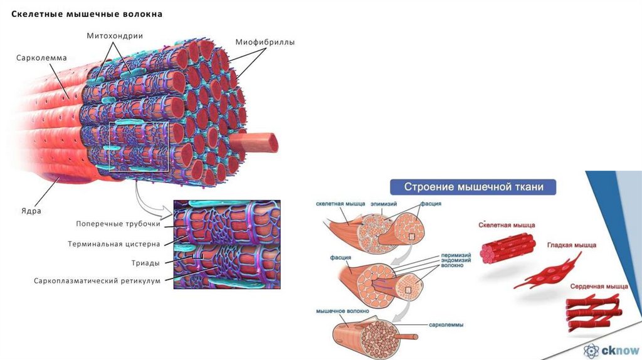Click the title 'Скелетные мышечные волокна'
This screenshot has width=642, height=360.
pos(87,14)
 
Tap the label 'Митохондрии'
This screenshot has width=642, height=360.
pos(115,36)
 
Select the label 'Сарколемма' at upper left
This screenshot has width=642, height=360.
pos(41,58)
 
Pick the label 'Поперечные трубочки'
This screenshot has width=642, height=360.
pos(118,224)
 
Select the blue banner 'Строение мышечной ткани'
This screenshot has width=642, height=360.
pos(472,187)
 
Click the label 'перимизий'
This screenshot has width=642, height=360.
pos(451,255)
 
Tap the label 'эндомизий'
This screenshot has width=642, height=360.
pos(451,260)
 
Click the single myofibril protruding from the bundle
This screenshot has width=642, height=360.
pos(257,142)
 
